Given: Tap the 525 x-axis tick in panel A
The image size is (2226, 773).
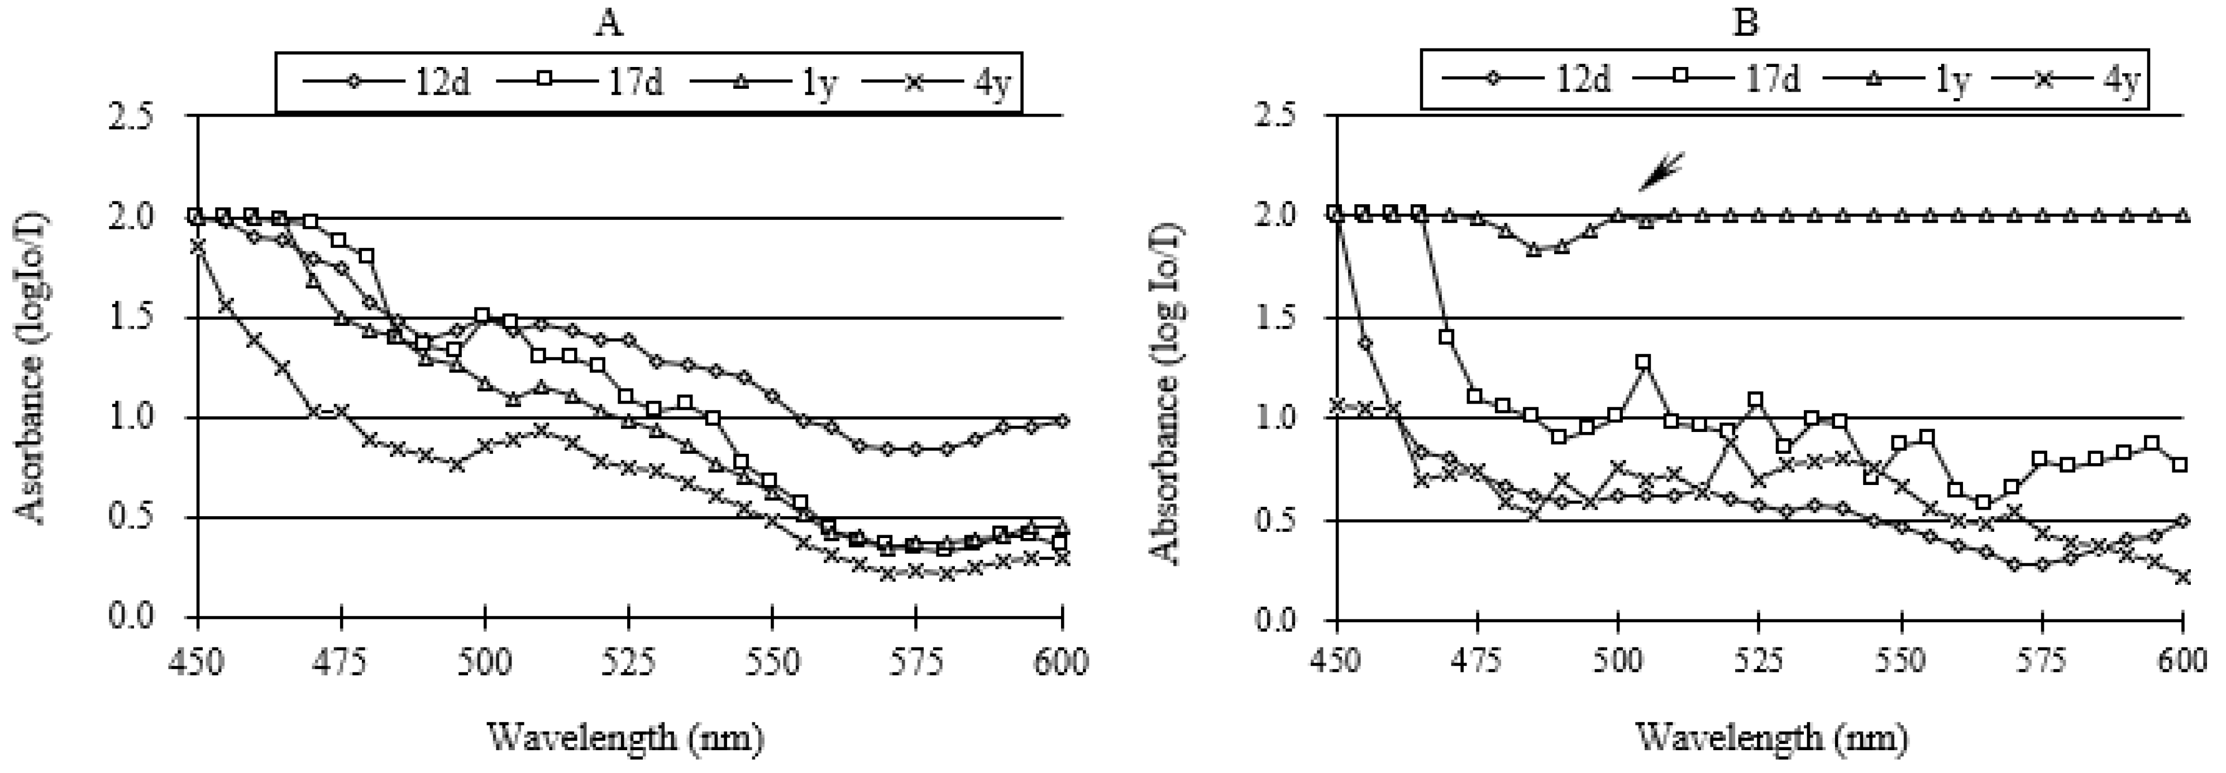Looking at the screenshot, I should (629, 662).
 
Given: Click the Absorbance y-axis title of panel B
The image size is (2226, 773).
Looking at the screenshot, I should (1168, 393).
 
